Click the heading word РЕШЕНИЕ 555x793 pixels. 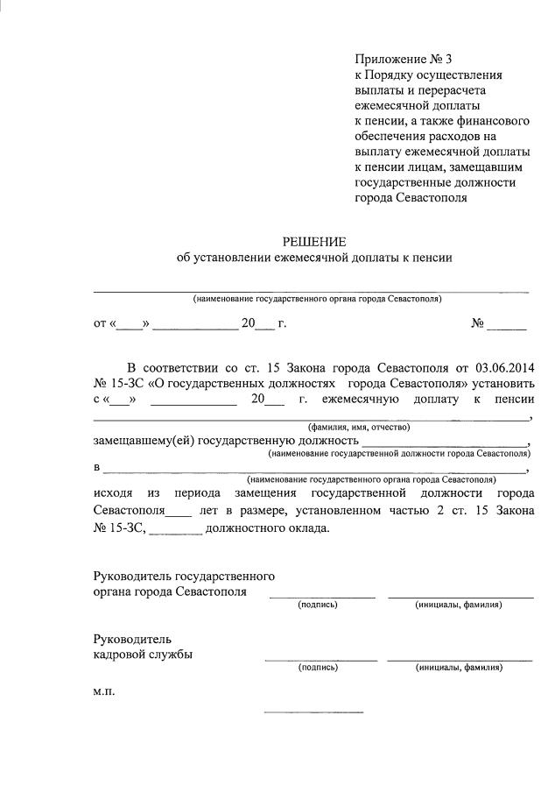[x=313, y=241]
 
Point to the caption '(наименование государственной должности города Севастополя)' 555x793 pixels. [x=399, y=454]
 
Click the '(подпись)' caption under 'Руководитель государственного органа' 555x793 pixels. [x=318, y=605]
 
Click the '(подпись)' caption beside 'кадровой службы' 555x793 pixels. [x=318, y=667]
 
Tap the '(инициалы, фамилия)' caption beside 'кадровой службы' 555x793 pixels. [x=459, y=667]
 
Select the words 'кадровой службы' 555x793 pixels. [x=144, y=654]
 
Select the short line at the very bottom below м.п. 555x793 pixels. [x=313, y=712]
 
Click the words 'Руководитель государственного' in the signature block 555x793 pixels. [x=184, y=576]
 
